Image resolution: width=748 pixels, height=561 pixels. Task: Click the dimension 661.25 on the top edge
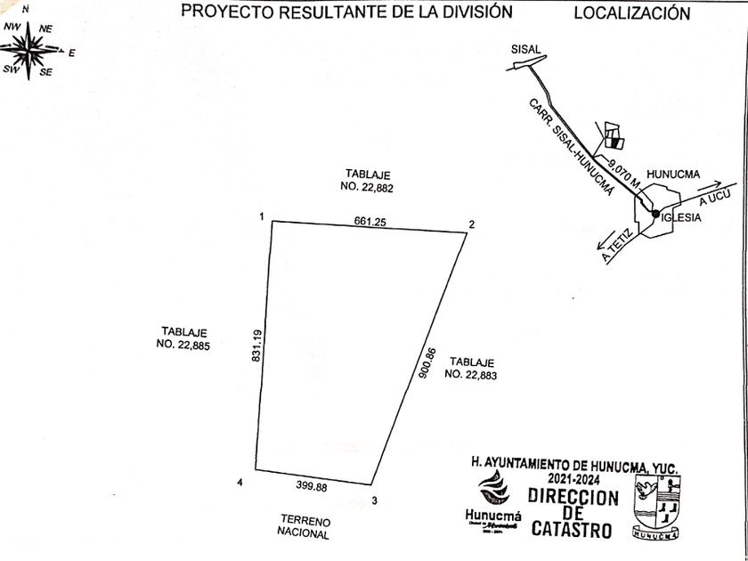click(369, 222)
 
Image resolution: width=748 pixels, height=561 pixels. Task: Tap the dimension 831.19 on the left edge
click(256, 346)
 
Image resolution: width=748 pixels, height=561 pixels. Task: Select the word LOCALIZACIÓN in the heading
click(631, 13)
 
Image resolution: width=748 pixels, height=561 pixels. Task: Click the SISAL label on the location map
click(526, 51)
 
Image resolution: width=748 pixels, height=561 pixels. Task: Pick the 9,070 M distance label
click(623, 174)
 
